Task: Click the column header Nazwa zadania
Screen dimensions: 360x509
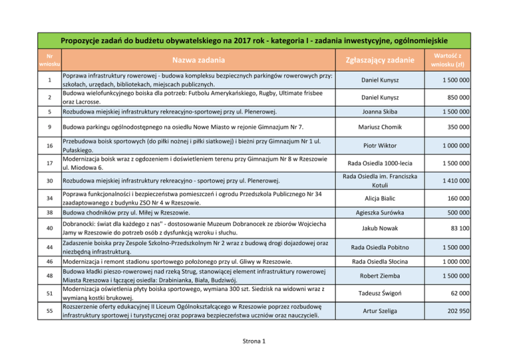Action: click(196, 59)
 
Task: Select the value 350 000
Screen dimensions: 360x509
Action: click(458, 127)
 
